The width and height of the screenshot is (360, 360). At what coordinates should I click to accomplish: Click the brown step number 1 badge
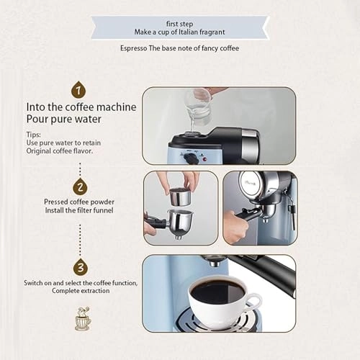pos(78,90)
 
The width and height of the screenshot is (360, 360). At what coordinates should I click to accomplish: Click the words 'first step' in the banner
pos(180,23)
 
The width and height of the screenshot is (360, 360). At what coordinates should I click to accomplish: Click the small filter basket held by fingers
pos(178,195)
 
